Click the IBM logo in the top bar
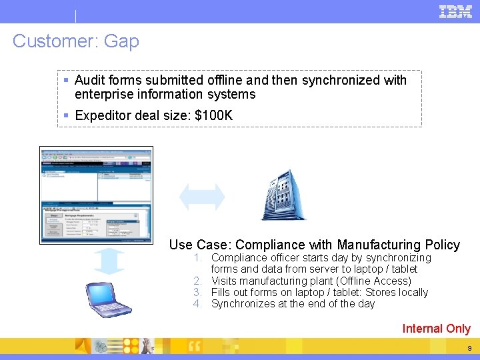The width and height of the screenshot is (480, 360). pos(455,11)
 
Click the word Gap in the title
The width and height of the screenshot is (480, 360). pos(121,41)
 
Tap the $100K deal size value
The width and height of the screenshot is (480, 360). pos(213,115)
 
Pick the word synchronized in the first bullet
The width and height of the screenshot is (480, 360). pos(341,81)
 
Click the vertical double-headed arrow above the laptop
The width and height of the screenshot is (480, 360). pos(109,261)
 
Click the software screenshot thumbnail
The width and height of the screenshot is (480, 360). pos(97,195)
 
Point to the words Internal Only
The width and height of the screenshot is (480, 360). pos(436,329)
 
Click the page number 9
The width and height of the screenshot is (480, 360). pos(469,348)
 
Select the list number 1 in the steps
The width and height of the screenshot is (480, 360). pos(198,258)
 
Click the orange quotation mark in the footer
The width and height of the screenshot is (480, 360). pos(195,345)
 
